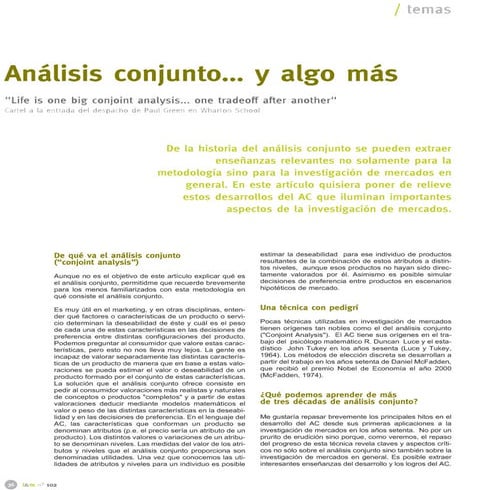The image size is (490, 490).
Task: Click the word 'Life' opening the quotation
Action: click(27, 100)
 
